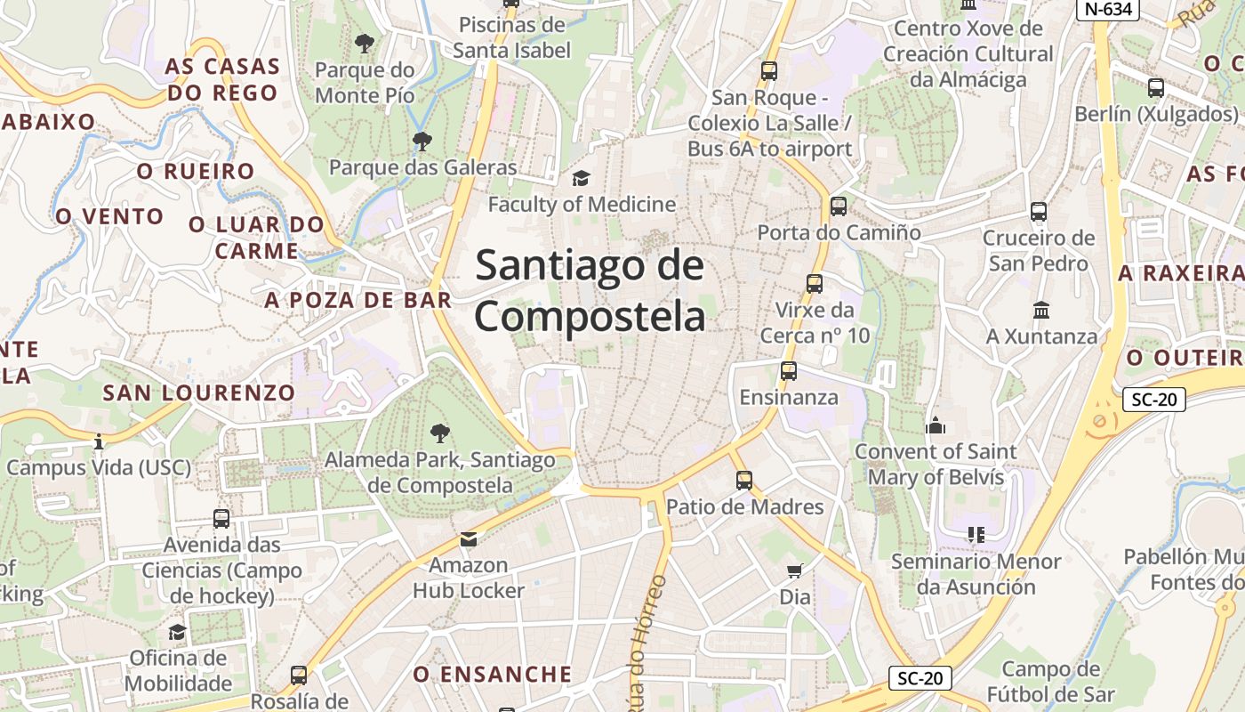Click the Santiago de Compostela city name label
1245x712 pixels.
[x=590, y=291]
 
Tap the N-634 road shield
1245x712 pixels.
[x=1108, y=9]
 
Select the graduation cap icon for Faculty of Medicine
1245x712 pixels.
[x=581, y=178]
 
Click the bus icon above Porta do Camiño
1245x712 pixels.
[x=838, y=206]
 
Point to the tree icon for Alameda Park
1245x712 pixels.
[x=439, y=433]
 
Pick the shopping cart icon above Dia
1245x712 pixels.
[x=794, y=570]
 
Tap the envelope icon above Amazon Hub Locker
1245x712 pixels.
[x=468, y=538]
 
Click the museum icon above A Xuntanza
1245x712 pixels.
[x=1041, y=310]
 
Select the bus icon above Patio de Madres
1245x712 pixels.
[x=744, y=481]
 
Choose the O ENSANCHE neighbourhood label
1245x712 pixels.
[x=492, y=674]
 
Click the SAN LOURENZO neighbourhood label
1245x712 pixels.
[x=198, y=392]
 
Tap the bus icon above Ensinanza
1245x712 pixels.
[x=789, y=371]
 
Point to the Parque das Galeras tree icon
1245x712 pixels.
[x=422, y=141]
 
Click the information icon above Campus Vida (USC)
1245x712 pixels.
[x=99, y=441]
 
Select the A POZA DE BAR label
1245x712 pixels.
[x=357, y=300]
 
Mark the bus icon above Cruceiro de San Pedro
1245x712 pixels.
[x=1039, y=212]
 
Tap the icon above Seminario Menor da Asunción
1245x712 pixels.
[x=976, y=535]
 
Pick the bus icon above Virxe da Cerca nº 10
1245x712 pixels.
[x=814, y=284]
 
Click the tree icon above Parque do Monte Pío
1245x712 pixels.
[x=364, y=43]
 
